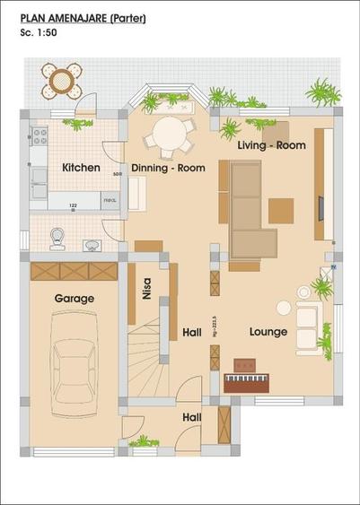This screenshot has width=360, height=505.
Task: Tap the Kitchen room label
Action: (x=81, y=168)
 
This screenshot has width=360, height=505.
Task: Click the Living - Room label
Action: (x=272, y=144)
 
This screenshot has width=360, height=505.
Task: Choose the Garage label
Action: (x=75, y=298)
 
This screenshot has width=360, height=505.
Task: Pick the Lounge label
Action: (x=268, y=332)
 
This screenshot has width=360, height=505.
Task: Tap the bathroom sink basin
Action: (x=91, y=245)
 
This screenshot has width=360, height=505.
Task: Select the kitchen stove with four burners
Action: (x=39, y=136)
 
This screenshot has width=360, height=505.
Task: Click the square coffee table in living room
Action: (x=281, y=211)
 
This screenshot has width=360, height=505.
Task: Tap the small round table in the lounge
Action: (x=284, y=308)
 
